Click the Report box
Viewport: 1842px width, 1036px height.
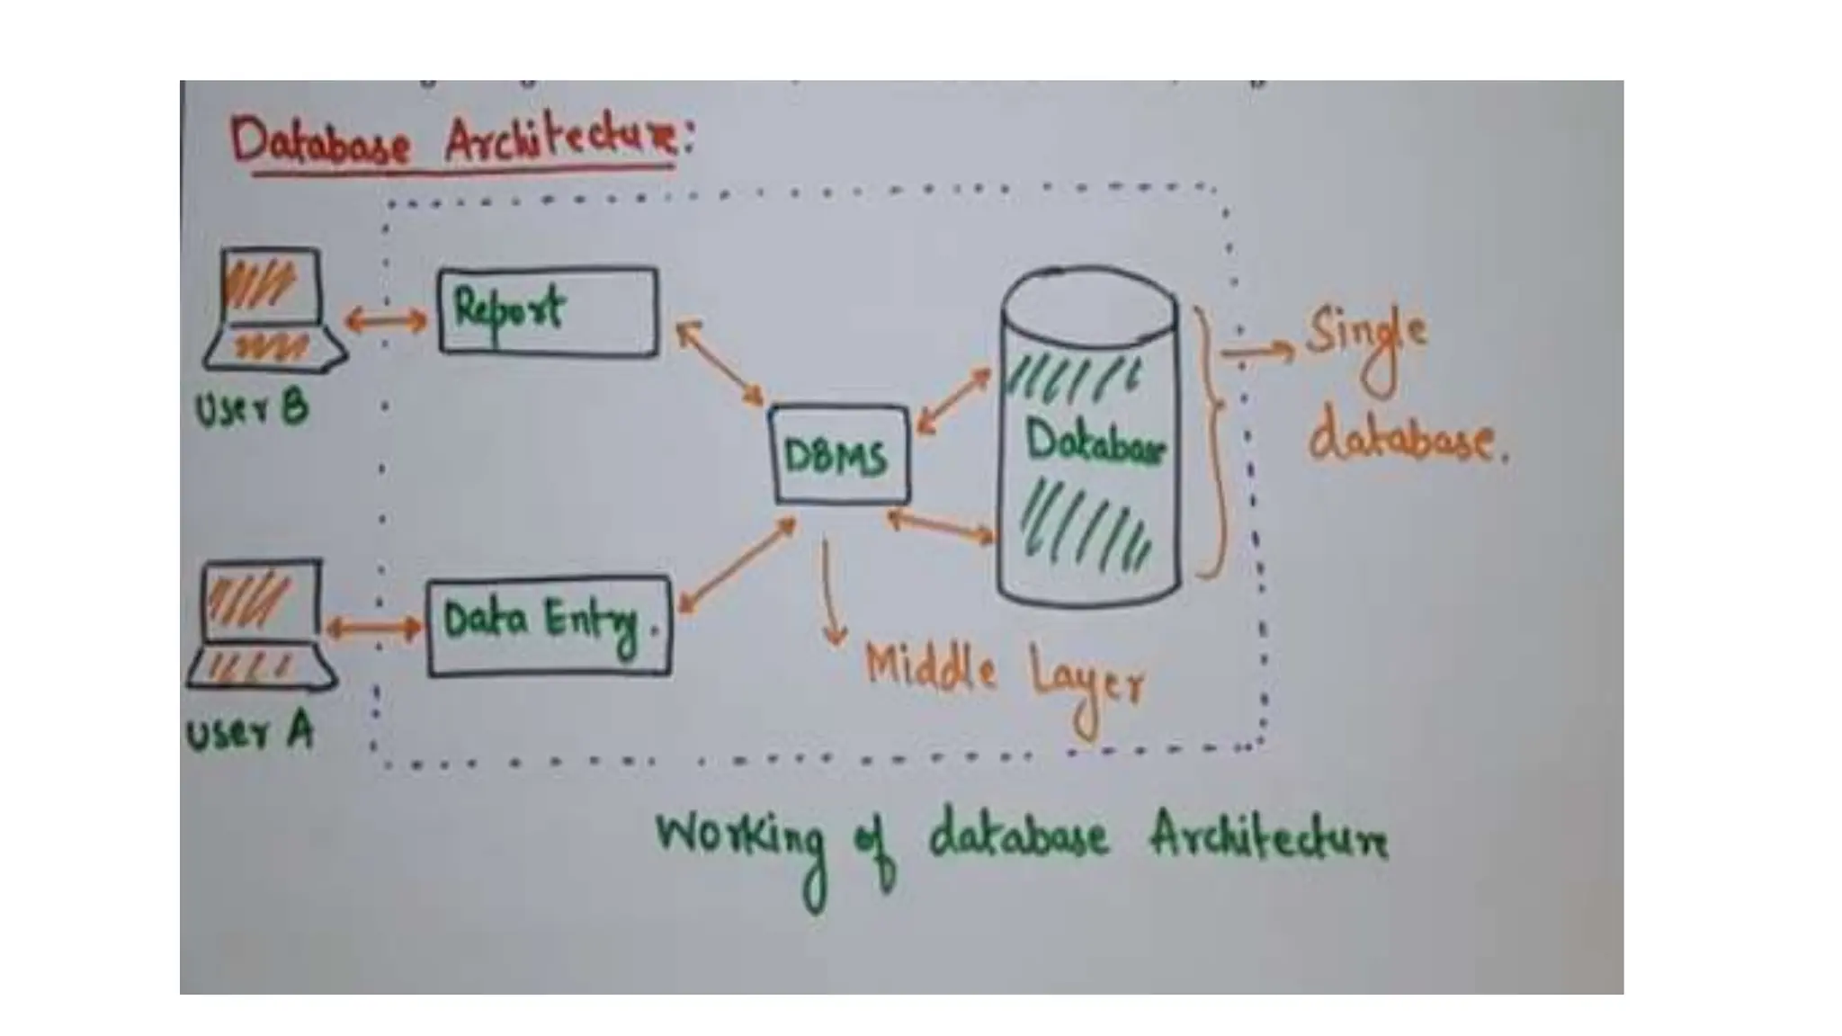(x=548, y=311)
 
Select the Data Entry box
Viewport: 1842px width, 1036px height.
(x=549, y=626)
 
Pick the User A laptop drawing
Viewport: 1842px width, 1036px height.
(x=262, y=625)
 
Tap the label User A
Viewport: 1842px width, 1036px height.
(x=249, y=733)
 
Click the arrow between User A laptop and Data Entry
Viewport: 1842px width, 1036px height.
(x=373, y=628)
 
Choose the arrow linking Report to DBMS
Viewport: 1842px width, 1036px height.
(x=719, y=362)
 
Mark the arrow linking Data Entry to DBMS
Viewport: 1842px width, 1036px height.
(x=737, y=566)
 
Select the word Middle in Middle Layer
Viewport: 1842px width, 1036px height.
(x=929, y=669)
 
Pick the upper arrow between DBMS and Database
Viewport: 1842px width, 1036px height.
(x=953, y=400)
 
